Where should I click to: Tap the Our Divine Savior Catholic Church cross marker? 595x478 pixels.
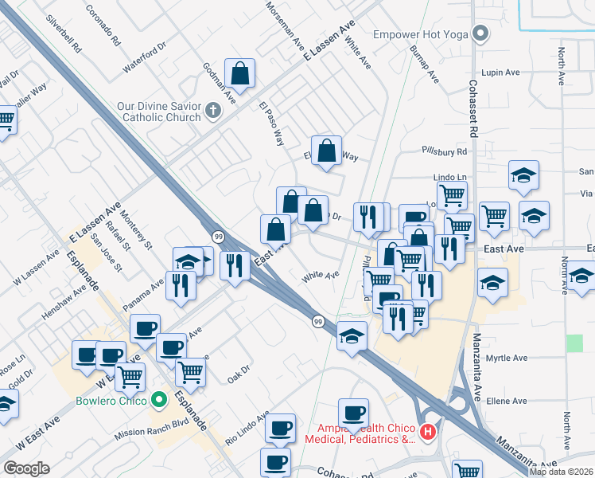click(x=212, y=111)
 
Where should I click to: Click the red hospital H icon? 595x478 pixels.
click(x=429, y=433)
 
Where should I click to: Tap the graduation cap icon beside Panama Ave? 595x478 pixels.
click(x=188, y=261)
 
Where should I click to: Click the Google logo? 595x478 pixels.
click(x=27, y=468)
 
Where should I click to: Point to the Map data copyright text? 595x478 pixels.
click(x=561, y=472)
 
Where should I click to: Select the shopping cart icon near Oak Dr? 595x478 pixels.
click(x=190, y=371)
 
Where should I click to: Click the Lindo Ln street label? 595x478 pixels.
click(x=449, y=175)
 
